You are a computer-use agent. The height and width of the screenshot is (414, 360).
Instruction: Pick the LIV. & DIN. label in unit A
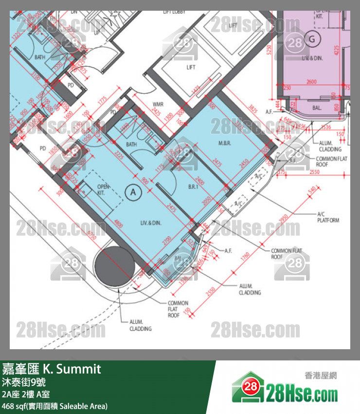pos(151,223)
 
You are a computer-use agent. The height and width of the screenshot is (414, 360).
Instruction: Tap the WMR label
pos(158,104)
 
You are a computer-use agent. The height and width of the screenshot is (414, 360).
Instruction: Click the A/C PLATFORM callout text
pos(328,217)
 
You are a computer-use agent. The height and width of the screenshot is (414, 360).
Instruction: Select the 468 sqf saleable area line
pos(54,406)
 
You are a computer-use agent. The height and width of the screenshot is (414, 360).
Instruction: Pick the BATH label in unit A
pos(131,145)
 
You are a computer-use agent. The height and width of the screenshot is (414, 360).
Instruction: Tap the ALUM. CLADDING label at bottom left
pos(140,325)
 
